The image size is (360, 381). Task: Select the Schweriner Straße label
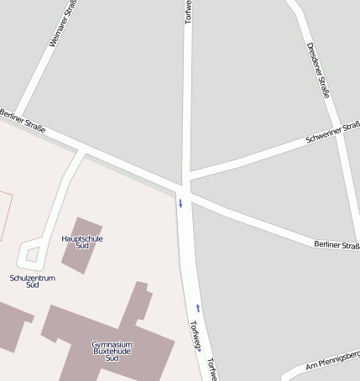[x=333, y=133]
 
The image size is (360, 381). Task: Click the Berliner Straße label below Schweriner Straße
[x=337, y=244]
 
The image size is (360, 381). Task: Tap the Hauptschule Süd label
[x=82, y=242]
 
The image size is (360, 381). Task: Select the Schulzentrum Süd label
[x=33, y=281]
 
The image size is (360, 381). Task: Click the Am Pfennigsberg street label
[x=332, y=360]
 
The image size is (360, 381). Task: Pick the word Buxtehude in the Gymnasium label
[x=112, y=351]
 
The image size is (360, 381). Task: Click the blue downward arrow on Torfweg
[x=180, y=202]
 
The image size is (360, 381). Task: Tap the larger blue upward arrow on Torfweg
[x=198, y=307]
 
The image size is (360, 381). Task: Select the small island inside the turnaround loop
[x=33, y=253]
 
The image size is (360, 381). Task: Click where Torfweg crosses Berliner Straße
[x=185, y=186]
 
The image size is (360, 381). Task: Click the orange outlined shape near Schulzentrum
[x=4, y=210]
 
